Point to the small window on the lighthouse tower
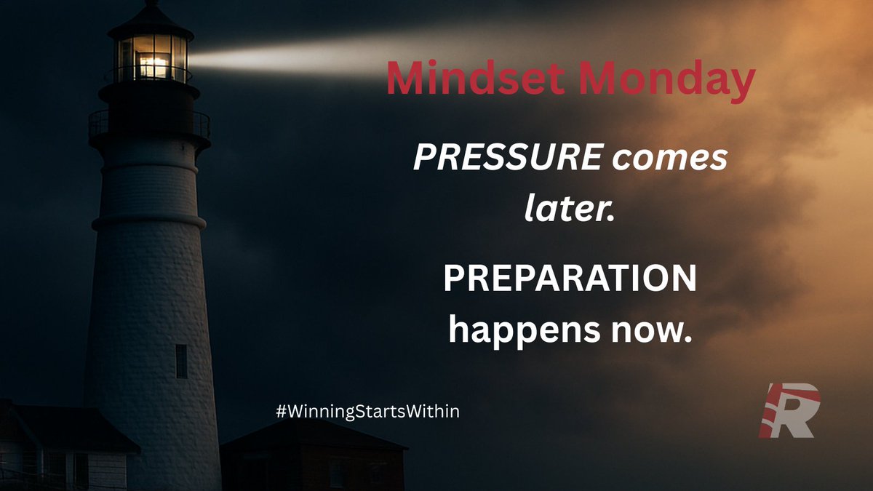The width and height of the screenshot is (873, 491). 181,361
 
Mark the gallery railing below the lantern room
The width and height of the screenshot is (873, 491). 149,124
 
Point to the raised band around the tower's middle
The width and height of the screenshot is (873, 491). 148,220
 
